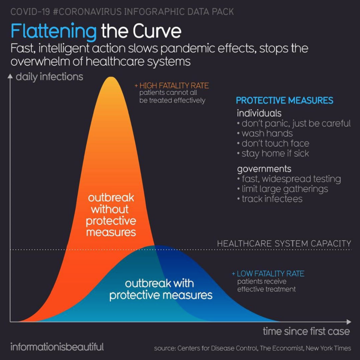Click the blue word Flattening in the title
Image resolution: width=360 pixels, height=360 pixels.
point(53,32)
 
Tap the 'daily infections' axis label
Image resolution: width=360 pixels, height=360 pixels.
point(49,77)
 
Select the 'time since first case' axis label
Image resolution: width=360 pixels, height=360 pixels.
point(306,331)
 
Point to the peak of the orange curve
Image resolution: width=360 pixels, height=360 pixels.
point(111,77)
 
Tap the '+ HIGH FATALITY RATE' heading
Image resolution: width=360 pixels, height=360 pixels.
point(172,86)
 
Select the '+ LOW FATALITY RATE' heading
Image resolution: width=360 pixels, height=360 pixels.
point(268,274)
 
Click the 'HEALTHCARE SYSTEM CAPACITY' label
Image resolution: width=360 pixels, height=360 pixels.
point(284,244)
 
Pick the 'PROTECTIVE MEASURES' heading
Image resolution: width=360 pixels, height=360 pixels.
point(285,101)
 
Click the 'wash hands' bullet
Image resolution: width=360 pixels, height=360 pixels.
point(265,134)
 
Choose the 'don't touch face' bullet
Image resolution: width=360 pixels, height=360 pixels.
point(273,143)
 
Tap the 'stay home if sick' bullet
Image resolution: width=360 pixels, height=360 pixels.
point(273,154)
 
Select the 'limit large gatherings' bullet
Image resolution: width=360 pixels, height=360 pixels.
point(283,189)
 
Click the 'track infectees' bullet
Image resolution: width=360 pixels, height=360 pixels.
point(270,199)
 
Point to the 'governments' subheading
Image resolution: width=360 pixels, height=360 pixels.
point(264,169)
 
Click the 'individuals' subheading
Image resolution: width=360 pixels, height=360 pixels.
point(259,113)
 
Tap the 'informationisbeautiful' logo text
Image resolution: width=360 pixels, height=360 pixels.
point(57,347)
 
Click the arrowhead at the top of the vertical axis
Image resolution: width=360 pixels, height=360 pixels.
point(10,76)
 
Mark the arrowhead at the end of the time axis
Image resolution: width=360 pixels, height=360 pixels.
point(349,322)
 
